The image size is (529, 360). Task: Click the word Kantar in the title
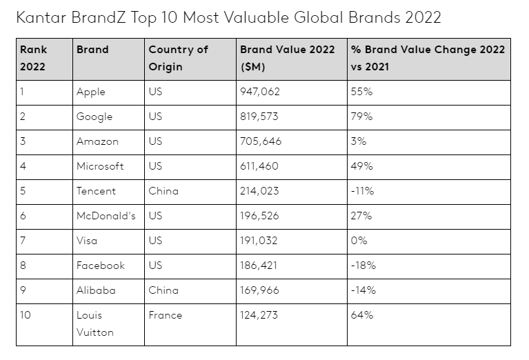41,17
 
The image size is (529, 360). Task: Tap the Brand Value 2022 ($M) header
287,59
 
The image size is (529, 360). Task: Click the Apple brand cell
92,92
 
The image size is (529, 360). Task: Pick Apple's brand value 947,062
261,92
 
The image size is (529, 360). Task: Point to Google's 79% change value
361,117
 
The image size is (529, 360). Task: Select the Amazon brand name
97,141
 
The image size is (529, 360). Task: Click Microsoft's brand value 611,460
260,166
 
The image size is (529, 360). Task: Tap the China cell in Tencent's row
163,191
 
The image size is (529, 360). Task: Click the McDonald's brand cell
106,216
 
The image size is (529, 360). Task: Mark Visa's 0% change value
359,241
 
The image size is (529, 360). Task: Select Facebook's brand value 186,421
259,266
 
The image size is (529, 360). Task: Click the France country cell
165,315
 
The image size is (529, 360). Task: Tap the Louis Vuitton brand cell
95,323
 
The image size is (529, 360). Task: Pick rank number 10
26,315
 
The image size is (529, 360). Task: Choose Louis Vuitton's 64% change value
361,315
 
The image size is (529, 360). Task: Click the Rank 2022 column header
33,59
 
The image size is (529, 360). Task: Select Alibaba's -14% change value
363,290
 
